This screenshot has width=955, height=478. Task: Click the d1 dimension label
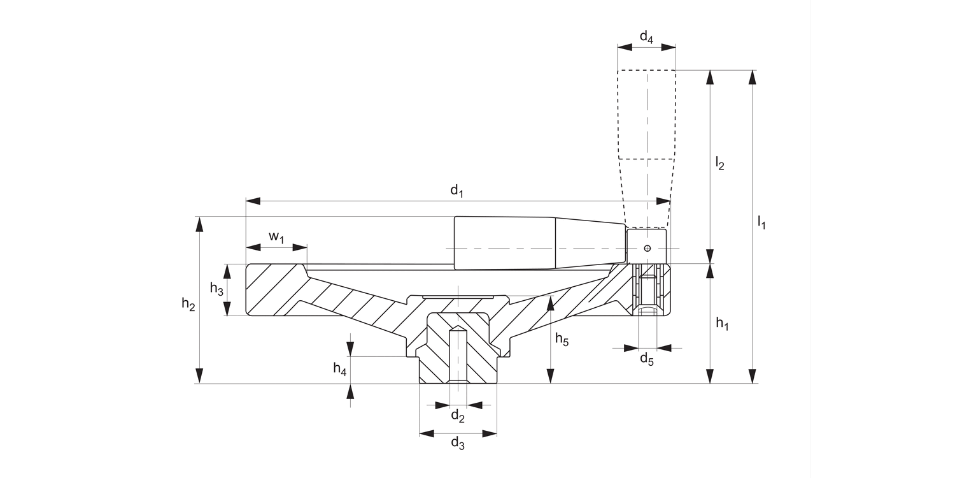pyautogui.click(x=456, y=190)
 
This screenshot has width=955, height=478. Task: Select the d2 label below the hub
pyautogui.click(x=457, y=417)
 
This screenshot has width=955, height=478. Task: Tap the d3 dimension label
pyautogui.click(x=457, y=444)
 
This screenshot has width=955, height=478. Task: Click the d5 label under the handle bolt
pyautogui.click(x=646, y=359)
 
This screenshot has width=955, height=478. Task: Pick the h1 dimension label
pyautogui.click(x=721, y=324)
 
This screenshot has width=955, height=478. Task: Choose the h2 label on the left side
pyautogui.click(x=188, y=304)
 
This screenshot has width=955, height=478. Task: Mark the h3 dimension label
pyautogui.click(x=216, y=289)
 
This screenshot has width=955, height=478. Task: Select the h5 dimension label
pyautogui.click(x=561, y=339)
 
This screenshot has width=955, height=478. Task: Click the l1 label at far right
pyautogui.click(x=761, y=222)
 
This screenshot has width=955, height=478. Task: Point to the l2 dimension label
pyautogui.click(x=720, y=164)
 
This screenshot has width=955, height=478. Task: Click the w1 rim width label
pyautogui.click(x=276, y=236)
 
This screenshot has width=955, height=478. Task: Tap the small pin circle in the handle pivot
pyautogui.click(x=647, y=248)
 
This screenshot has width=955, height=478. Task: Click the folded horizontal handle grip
pyautogui.click(x=509, y=243)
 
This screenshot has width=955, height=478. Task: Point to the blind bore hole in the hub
pyautogui.click(x=458, y=357)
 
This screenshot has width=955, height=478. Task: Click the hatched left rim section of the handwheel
pyautogui.click(x=271, y=290)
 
